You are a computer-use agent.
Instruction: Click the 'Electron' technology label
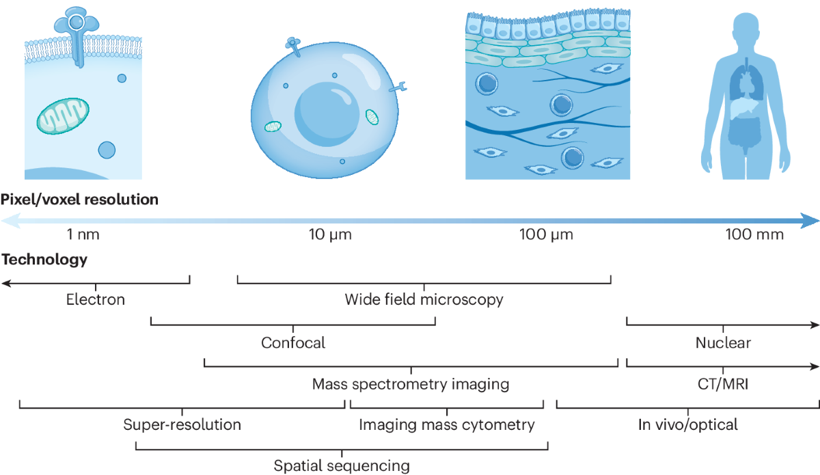(x=96, y=299)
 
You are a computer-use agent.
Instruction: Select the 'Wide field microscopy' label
(x=424, y=299)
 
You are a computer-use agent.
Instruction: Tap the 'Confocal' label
(x=293, y=342)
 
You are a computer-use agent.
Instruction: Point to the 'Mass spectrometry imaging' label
(x=411, y=383)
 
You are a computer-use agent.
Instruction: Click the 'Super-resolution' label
(x=182, y=424)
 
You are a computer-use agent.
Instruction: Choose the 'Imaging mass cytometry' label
(x=447, y=424)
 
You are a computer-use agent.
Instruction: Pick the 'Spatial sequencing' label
(x=342, y=466)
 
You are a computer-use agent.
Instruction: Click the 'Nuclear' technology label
(x=723, y=342)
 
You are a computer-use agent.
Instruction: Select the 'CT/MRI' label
(x=722, y=383)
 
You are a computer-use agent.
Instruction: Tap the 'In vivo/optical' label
(x=688, y=424)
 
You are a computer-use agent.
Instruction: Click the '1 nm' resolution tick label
(x=83, y=235)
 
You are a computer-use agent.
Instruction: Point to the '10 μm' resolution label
(x=330, y=235)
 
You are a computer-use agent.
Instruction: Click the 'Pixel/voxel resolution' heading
(x=80, y=200)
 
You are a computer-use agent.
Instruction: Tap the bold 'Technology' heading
(x=44, y=260)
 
